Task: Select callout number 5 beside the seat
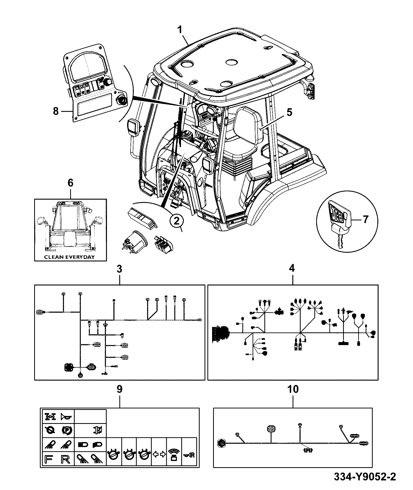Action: (x=289, y=112)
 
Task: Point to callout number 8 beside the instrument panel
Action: (x=56, y=112)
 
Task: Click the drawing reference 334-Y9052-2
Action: (x=365, y=477)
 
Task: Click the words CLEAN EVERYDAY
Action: (x=69, y=257)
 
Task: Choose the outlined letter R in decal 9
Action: (x=66, y=460)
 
